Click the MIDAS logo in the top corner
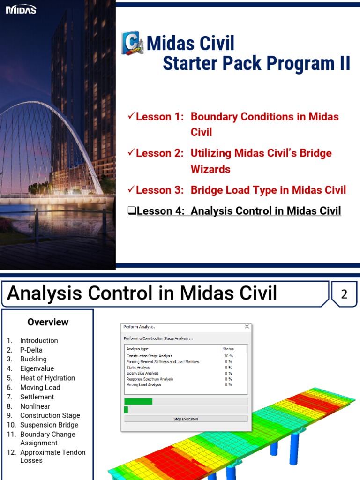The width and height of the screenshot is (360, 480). (x=21, y=10)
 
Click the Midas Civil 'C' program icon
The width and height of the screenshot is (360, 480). (x=132, y=44)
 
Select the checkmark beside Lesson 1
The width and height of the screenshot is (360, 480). (x=131, y=116)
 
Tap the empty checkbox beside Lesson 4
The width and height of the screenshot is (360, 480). (x=132, y=211)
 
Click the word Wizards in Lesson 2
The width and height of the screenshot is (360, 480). (x=210, y=169)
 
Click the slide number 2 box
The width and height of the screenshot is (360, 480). (x=344, y=294)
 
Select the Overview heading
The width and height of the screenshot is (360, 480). (x=48, y=322)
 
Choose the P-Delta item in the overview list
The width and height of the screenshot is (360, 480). (x=31, y=350)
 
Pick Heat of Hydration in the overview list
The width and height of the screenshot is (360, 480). (x=47, y=378)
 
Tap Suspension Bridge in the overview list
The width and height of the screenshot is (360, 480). (x=49, y=425)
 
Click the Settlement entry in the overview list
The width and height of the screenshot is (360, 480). (x=37, y=397)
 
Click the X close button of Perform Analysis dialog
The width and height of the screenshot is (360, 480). (x=247, y=327)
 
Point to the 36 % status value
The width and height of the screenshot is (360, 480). (x=228, y=356)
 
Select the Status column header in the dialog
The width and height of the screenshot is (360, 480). (x=228, y=349)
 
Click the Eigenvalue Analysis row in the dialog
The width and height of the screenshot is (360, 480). (x=142, y=373)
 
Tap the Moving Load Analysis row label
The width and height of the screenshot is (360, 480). (x=144, y=385)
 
